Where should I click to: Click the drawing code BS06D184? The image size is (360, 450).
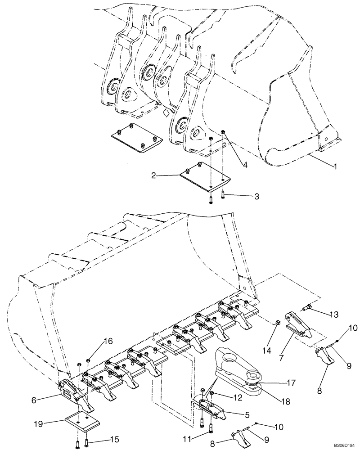pos(342,445)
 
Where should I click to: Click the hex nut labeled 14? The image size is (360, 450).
pos(278,323)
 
